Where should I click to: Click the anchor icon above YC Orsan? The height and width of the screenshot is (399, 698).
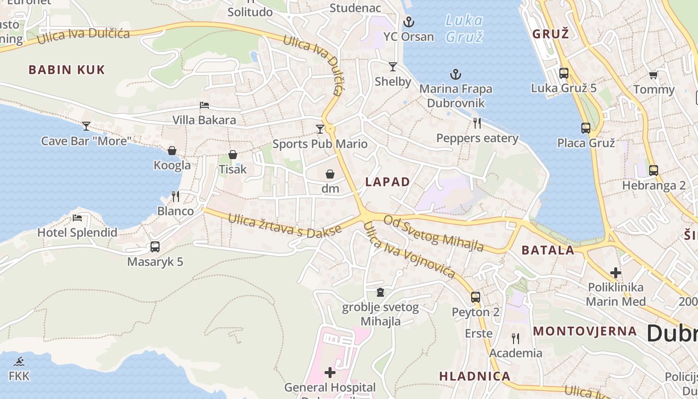(409, 22)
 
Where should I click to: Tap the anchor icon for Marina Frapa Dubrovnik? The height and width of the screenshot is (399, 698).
(456, 75)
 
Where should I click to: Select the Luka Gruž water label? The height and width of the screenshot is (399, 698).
(464, 28)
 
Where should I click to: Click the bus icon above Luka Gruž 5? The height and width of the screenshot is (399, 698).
(564, 73)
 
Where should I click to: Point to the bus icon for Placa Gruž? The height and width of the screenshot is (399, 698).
(586, 128)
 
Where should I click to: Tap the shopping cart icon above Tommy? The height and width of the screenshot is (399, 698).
(653, 75)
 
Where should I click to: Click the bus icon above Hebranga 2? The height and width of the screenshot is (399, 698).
(654, 171)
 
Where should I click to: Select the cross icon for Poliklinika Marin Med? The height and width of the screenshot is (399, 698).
(616, 273)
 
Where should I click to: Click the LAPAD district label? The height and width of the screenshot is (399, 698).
(387, 182)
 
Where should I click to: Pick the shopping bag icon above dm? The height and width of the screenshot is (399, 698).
(330, 174)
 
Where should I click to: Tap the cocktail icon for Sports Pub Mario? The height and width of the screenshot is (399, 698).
(320, 129)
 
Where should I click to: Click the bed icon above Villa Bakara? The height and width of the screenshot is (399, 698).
(204, 105)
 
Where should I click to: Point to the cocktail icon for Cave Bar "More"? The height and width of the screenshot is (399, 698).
(86, 126)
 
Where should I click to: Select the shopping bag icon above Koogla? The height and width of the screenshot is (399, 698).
(172, 151)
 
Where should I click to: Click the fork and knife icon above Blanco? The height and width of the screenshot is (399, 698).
(175, 196)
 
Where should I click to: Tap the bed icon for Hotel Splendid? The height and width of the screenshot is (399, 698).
(77, 217)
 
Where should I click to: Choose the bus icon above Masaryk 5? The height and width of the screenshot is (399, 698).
(155, 246)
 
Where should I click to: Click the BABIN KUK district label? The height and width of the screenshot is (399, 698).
(67, 70)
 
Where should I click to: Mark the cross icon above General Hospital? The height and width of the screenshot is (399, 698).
(330, 373)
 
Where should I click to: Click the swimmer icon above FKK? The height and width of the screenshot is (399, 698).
(19, 361)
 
